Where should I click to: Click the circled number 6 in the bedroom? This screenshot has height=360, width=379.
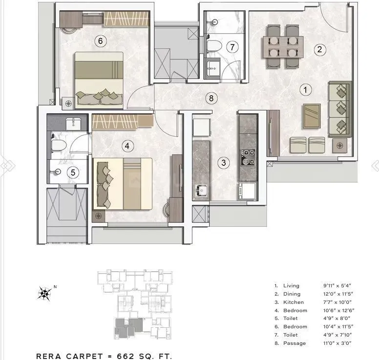(x=100, y=41)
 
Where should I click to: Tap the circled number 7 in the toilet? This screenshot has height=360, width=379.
(x=232, y=47)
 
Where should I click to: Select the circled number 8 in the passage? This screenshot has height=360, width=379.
(x=211, y=99)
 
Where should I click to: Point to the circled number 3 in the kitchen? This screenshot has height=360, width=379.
(x=223, y=163)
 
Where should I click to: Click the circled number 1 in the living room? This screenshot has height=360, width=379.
(x=305, y=90)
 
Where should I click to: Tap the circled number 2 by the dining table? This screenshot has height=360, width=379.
(x=320, y=49)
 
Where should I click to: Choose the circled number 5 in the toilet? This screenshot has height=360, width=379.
(x=72, y=172)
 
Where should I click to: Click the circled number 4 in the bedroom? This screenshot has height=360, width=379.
(x=127, y=145)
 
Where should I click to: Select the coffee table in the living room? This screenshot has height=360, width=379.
(x=312, y=116)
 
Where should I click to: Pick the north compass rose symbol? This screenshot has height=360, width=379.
(x=45, y=294)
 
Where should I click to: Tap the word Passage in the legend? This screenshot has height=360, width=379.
(x=295, y=343)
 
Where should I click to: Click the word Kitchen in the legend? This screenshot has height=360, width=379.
(x=294, y=302)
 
